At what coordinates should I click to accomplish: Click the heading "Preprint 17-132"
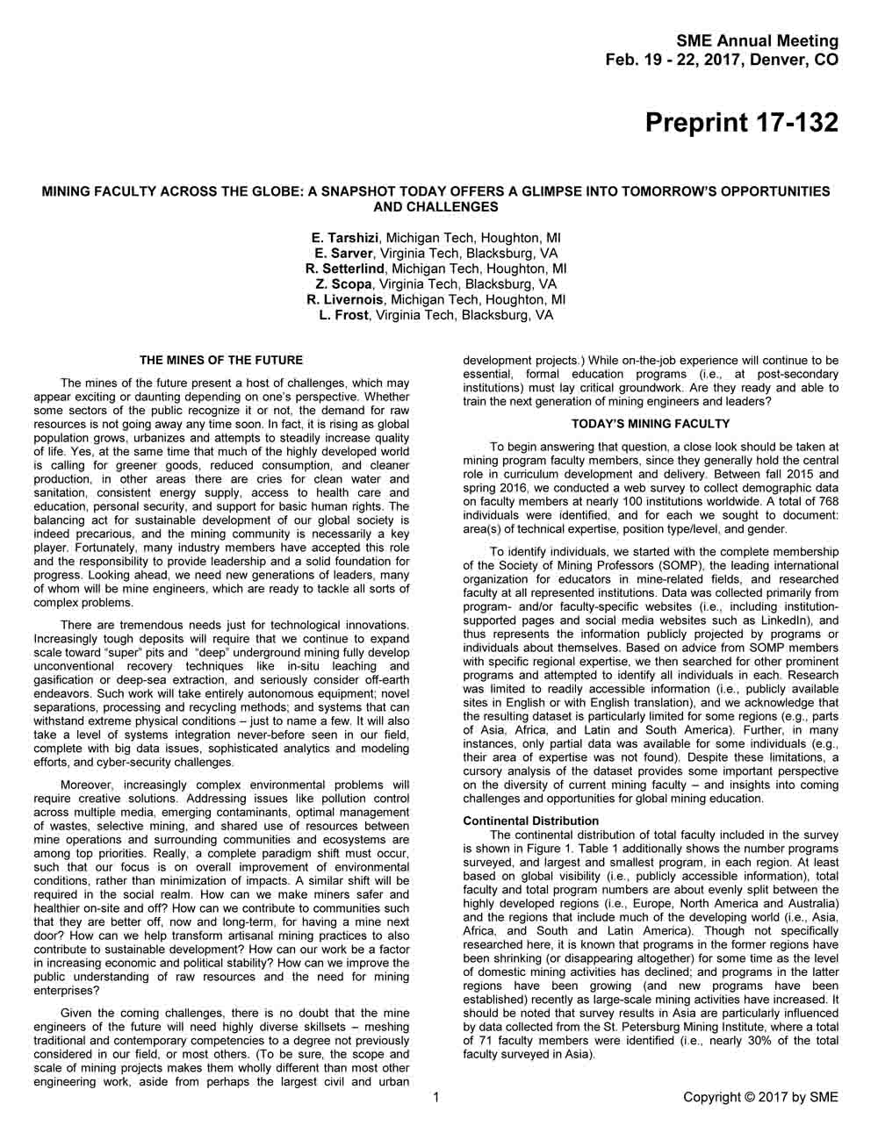(x=741, y=122)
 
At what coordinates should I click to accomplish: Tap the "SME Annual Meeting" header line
(x=757, y=41)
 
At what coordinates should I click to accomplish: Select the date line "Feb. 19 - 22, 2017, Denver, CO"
(x=722, y=61)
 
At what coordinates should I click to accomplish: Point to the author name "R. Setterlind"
(x=345, y=269)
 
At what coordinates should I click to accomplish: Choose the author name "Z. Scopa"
(x=343, y=284)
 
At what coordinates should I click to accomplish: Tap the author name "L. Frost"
(x=343, y=315)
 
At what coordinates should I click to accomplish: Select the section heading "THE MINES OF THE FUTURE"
(x=221, y=360)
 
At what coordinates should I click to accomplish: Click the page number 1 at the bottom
(x=436, y=1097)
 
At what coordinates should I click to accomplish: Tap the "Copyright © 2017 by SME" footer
(x=760, y=1097)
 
